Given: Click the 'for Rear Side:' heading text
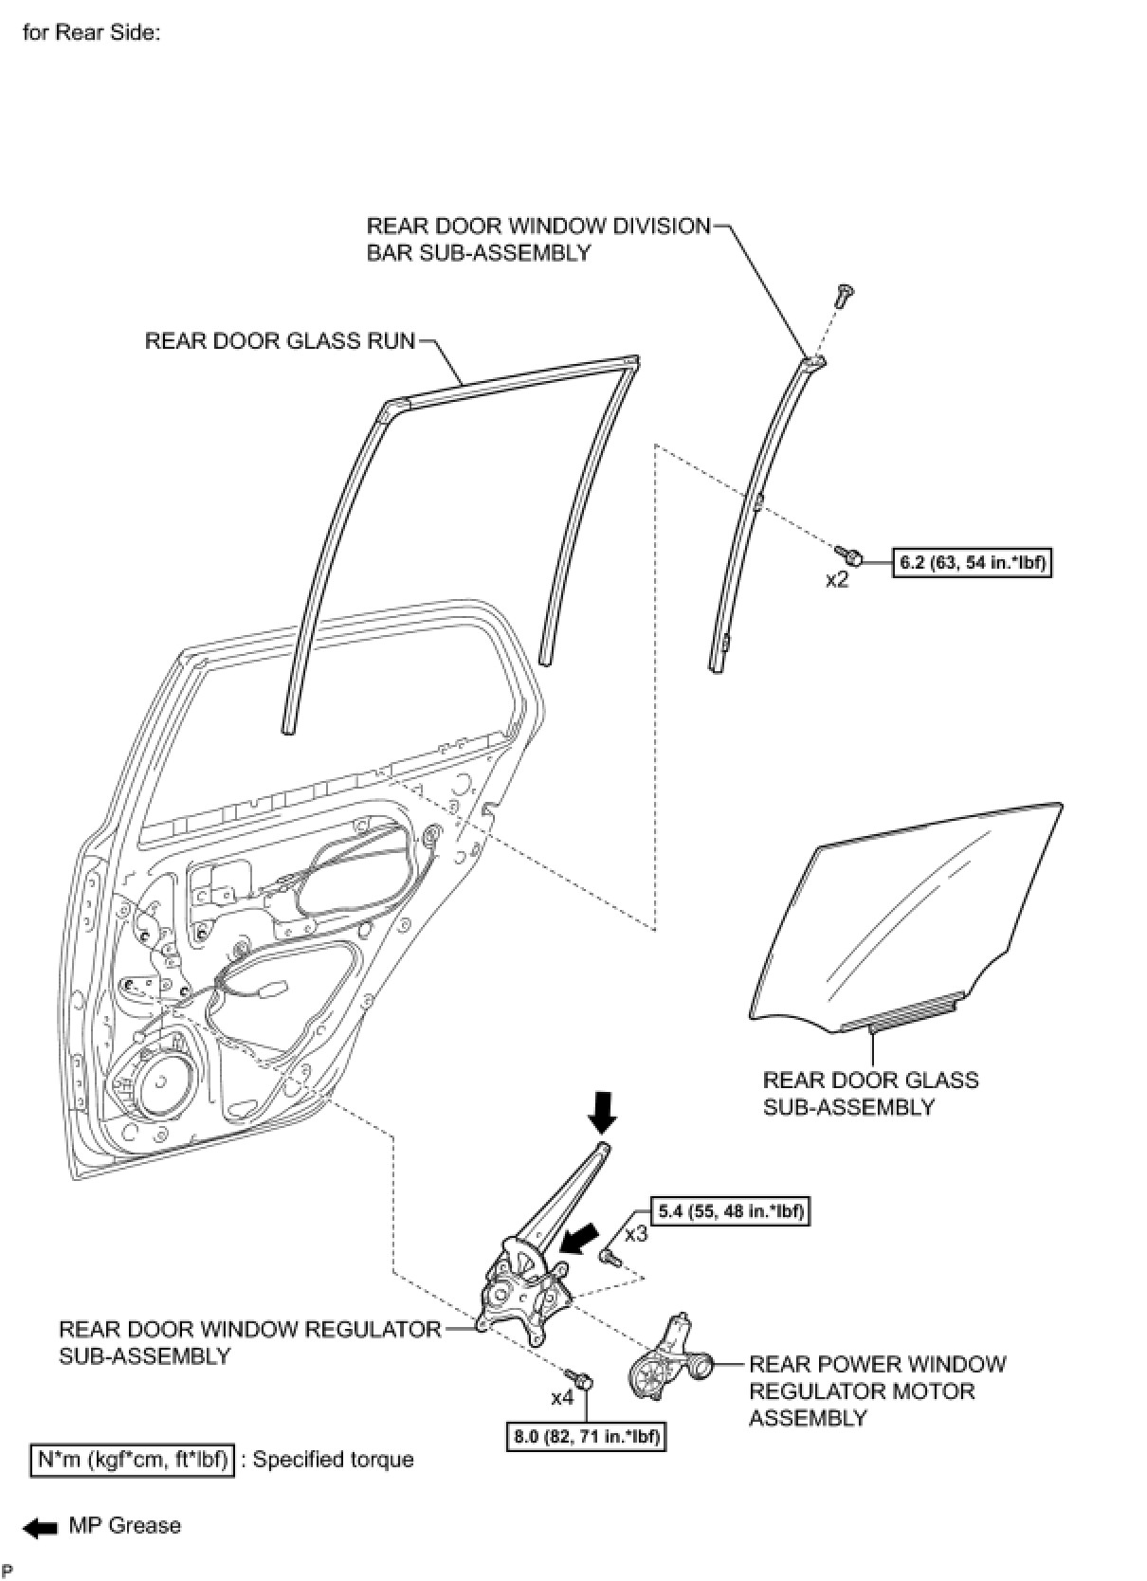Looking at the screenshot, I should click(92, 32).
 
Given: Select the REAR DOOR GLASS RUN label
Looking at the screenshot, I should click(280, 340).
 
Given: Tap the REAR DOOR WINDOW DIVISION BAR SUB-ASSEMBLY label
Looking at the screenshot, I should click(537, 239).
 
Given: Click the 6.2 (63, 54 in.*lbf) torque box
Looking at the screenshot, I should click(972, 563).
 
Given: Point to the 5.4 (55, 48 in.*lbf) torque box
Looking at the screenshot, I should click(730, 1211).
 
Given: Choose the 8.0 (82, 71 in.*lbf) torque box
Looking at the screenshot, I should click(586, 1437).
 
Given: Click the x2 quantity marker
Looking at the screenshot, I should click(837, 580).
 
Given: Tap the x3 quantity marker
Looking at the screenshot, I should click(636, 1235).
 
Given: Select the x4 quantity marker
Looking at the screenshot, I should click(562, 1398).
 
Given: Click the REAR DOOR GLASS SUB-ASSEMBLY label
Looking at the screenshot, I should click(870, 1093).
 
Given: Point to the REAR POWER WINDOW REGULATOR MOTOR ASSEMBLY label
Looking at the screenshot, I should click(877, 1390).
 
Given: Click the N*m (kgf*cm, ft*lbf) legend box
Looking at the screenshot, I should click(131, 1460).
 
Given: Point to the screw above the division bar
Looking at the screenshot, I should click(841, 295).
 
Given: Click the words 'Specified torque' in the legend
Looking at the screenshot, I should click(333, 1460).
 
